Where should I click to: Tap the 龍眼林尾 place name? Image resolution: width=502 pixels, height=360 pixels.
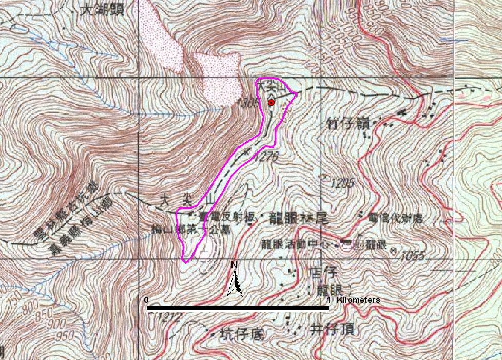tap(298, 218)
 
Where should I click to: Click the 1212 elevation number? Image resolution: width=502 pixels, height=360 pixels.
tap(170, 318)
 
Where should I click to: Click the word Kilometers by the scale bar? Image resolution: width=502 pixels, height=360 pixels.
tap(358, 300)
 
